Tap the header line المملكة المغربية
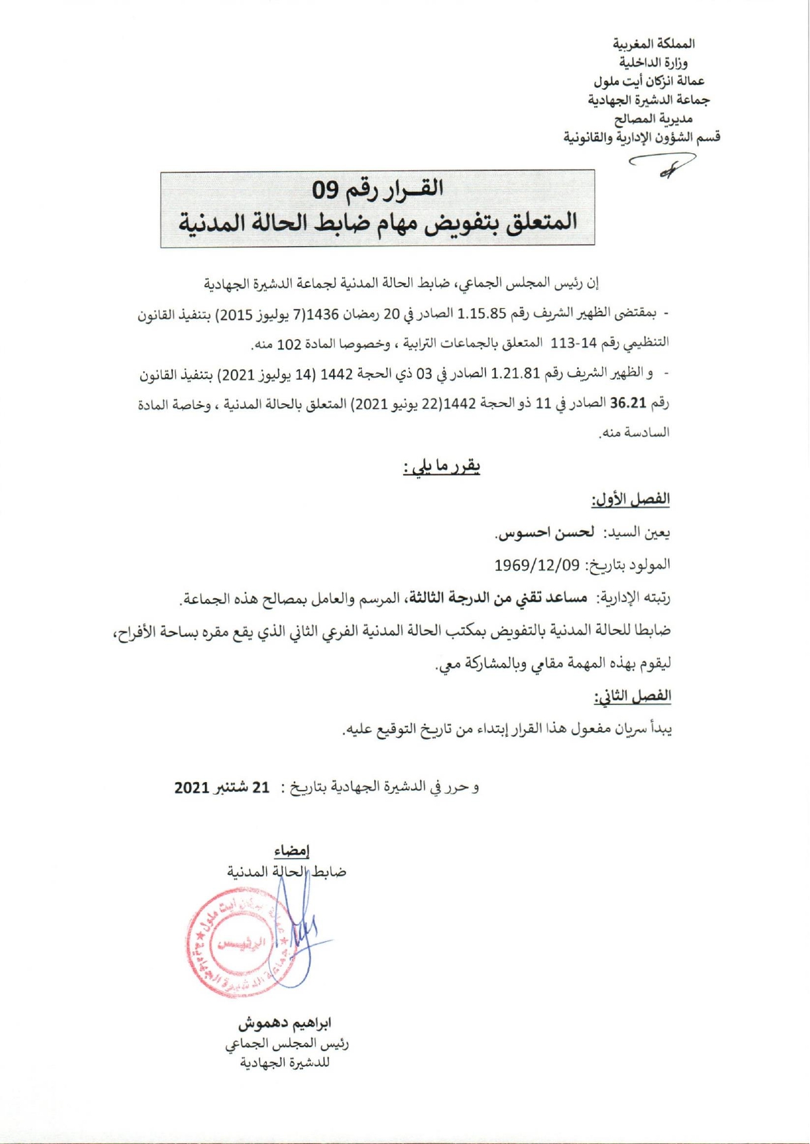[654, 44]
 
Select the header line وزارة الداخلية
[654, 63]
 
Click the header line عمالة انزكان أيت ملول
[649, 81]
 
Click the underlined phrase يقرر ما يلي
[442, 467]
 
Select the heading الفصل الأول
[631, 499]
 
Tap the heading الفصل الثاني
[632, 696]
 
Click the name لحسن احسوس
[544, 533]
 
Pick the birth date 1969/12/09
[537, 565]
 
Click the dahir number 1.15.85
[482, 313]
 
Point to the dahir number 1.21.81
[516, 374]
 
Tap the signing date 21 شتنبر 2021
[222, 787]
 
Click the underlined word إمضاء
[292, 851]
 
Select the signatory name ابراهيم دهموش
[285, 1023]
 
